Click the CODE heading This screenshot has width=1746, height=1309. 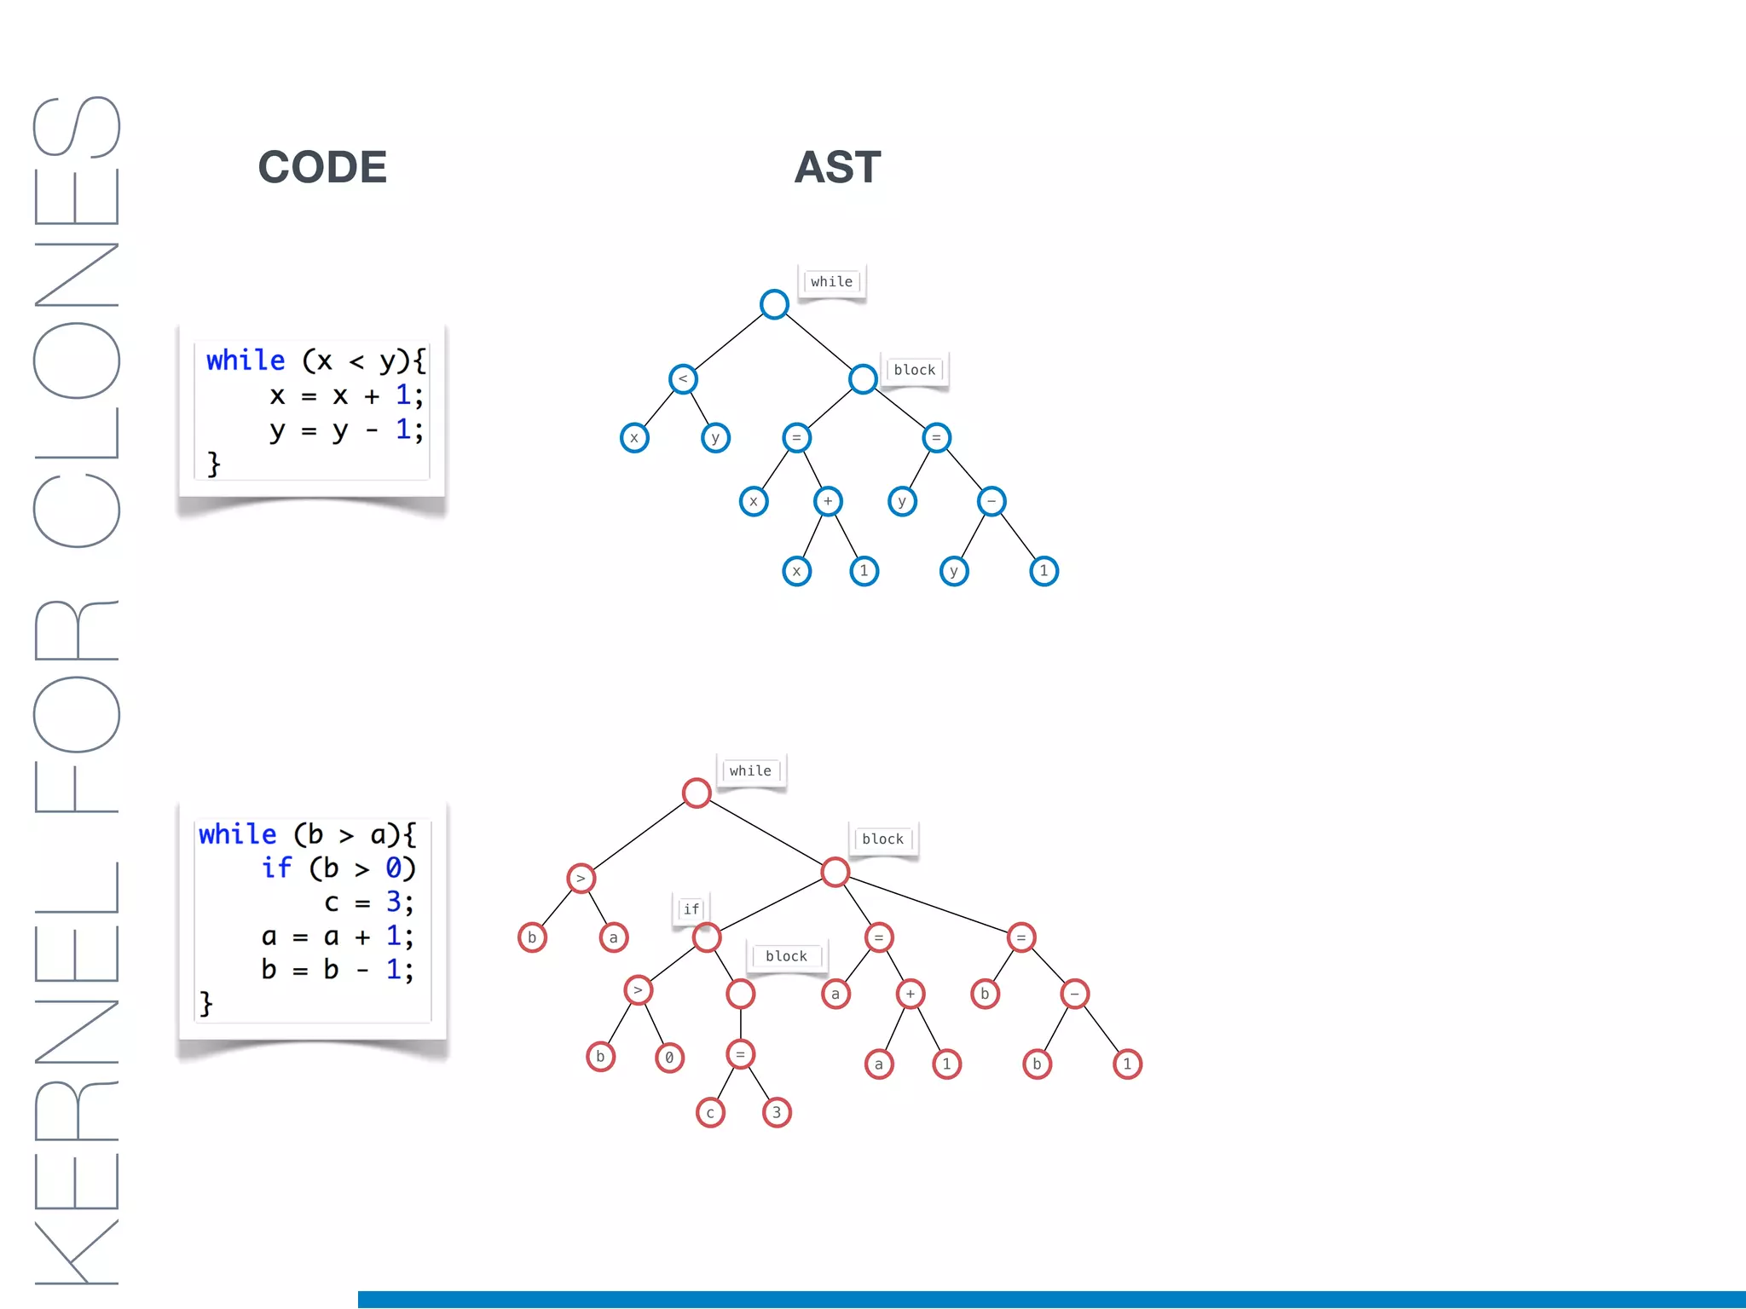pos(322,167)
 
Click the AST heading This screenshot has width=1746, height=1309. pos(837,167)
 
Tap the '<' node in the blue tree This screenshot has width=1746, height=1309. pos(683,379)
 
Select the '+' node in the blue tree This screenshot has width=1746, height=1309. pos(828,501)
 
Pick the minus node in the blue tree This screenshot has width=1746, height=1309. pos(992,501)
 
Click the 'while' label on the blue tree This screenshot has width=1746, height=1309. pos(831,282)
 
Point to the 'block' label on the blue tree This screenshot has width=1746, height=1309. pos(914,370)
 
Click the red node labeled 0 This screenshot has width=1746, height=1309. pos(669,1058)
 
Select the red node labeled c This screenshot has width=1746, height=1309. pos(710,1113)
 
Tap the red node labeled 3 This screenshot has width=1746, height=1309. pos(777,1113)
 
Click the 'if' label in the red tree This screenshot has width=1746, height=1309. pos(691,909)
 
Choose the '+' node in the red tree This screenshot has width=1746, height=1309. pos(911,994)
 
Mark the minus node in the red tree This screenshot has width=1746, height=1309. pos(1074,994)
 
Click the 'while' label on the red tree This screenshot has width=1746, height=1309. pos(750,771)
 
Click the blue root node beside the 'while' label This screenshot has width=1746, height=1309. pos(774,304)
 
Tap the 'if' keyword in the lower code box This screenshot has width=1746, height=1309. pos(276,868)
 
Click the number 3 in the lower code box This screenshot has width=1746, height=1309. pos(393,902)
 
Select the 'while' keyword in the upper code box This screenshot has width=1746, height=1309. pos(246,360)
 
